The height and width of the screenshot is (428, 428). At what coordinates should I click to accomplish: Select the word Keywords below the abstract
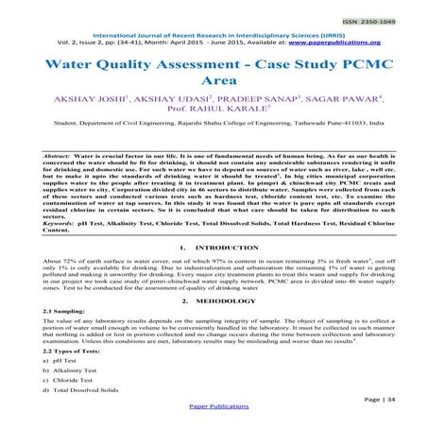click(38, 221)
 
